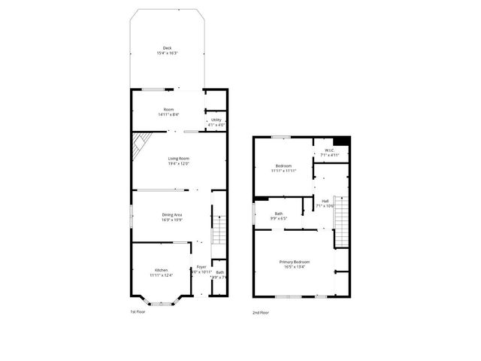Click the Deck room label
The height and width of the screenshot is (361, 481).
click(167, 48)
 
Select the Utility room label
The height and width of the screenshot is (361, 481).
click(216, 120)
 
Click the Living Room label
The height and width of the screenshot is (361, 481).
click(178, 158)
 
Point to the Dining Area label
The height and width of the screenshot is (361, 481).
click(172, 215)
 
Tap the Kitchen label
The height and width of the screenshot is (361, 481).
click(162, 269)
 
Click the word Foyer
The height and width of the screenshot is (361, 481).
click(201, 267)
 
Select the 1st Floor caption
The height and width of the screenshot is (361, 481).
click(138, 311)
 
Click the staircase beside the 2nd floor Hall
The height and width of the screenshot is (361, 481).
click(342, 218)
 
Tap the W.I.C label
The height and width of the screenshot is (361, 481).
click(329, 150)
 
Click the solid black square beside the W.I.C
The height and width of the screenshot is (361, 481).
click(342, 141)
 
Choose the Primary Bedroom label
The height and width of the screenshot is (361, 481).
click(296, 261)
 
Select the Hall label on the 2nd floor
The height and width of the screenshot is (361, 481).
click(325, 201)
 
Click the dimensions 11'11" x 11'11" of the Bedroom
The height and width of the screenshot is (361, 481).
click(283, 171)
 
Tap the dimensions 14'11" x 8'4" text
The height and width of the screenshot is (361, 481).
click(168, 114)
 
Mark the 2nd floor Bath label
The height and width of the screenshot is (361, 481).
click(278, 214)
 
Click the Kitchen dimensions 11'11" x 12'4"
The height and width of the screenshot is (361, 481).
click(162, 275)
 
